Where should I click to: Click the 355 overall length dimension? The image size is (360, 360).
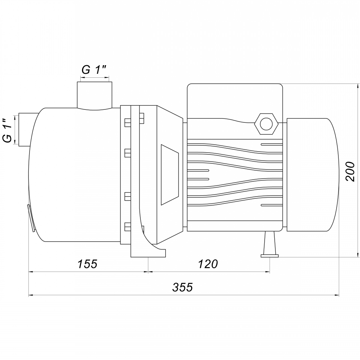click(x=183, y=287)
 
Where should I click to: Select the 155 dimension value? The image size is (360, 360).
click(x=87, y=264)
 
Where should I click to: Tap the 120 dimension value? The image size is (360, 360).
click(x=208, y=264)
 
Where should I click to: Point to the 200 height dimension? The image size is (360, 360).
click(x=350, y=171)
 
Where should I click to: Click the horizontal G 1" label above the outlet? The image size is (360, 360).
click(x=95, y=70)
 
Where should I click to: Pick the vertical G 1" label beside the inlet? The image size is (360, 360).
click(x=8, y=130)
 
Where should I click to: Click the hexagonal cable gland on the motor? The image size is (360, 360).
click(x=266, y=124)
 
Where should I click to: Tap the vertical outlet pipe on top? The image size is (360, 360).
click(x=94, y=95)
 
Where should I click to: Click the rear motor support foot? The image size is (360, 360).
click(x=270, y=244)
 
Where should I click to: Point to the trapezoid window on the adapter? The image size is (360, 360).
click(x=170, y=175)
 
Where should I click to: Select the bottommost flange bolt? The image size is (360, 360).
click(x=128, y=226)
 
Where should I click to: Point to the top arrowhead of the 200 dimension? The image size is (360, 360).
click(x=358, y=86)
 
